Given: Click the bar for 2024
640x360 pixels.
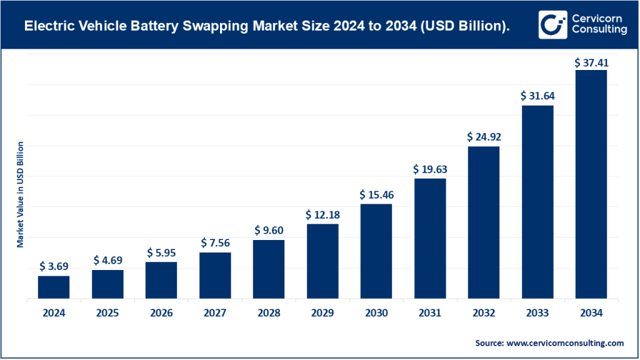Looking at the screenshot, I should [x=54, y=287].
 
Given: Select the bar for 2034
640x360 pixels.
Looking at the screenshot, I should [x=591, y=184].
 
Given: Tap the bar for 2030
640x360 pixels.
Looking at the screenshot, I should [x=376, y=252].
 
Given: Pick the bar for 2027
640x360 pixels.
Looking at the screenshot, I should [x=215, y=276].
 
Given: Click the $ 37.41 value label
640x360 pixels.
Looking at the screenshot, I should [x=591, y=62].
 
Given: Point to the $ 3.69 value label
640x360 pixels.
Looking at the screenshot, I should [x=54, y=267].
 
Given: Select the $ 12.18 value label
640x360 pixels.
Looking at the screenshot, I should [x=322, y=215].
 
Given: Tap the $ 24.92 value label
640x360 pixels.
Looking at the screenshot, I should [x=484, y=137].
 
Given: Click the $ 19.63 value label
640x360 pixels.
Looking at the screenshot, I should [x=430, y=169].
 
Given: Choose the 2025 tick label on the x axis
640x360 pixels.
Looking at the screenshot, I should [x=107, y=313].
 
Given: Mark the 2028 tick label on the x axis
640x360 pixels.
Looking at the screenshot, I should [x=269, y=313].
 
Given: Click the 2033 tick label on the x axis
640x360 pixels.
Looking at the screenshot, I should [x=537, y=313].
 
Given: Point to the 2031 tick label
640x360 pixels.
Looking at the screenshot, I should [x=430, y=313].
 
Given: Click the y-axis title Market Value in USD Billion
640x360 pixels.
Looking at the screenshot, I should [x=20, y=194].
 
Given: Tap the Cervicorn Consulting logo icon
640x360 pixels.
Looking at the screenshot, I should [x=551, y=24].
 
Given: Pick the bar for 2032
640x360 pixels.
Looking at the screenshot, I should [x=484, y=222].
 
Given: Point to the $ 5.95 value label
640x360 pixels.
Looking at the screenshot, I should [x=161, y=253].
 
